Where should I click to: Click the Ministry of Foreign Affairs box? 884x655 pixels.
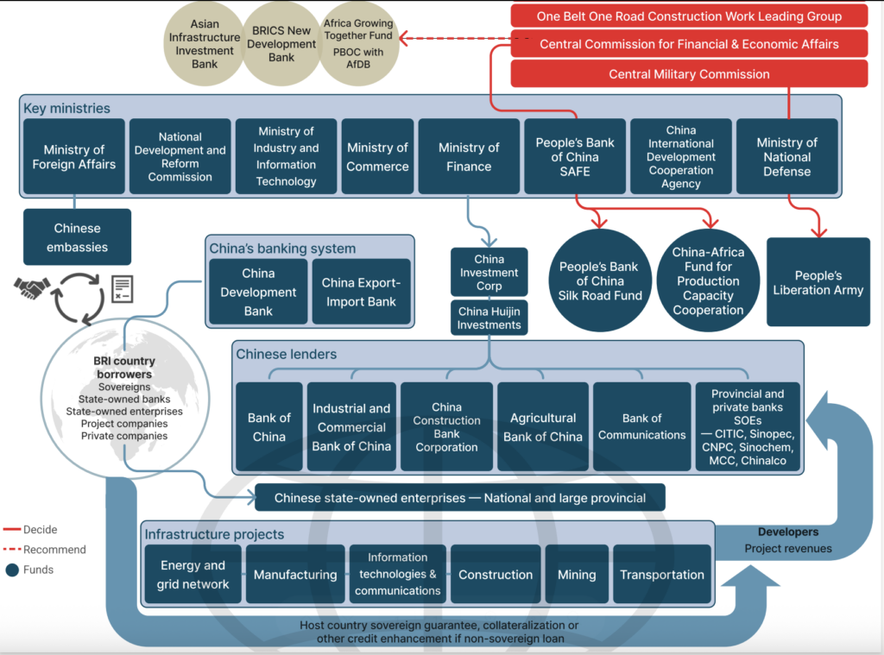click(74, 156)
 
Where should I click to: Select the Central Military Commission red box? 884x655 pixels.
click(689, 74)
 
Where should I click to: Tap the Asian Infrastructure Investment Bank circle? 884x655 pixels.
click(205, 44)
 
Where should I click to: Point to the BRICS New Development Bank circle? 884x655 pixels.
click(284, 44)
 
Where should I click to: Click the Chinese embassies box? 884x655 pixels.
click(78, 237)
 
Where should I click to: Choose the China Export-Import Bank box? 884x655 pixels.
click(361, 292)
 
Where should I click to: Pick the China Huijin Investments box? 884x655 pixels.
click(489, 318)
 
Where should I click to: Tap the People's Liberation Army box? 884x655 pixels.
click(818, 282)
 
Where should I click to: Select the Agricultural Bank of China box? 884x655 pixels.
click(543, 427)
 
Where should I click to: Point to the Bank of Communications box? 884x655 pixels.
click(641, 427)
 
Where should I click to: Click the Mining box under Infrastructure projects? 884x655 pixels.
click(577, 575)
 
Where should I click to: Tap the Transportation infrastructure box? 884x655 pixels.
click(662, 575)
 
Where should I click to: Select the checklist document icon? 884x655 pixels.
click(122, 288)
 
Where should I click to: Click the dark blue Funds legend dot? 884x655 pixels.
click(11, 570)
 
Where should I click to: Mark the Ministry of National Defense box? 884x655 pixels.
click(786, 156)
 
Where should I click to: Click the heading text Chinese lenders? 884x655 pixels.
click(287, 355)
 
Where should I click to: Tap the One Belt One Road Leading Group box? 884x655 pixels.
click(689, 16)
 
